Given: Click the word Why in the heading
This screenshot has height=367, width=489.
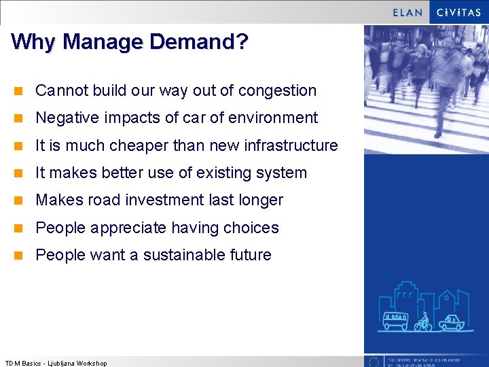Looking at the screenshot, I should pos(34,41).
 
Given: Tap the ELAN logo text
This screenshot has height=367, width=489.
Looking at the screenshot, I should pos(407,12).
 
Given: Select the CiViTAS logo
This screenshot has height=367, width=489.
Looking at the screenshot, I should pos(458,12).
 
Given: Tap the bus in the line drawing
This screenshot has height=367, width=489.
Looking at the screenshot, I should pos(395,321).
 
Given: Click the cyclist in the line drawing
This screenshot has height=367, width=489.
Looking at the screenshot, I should pos(424,321).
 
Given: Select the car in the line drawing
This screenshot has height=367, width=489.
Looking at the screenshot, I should pos(450,321).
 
